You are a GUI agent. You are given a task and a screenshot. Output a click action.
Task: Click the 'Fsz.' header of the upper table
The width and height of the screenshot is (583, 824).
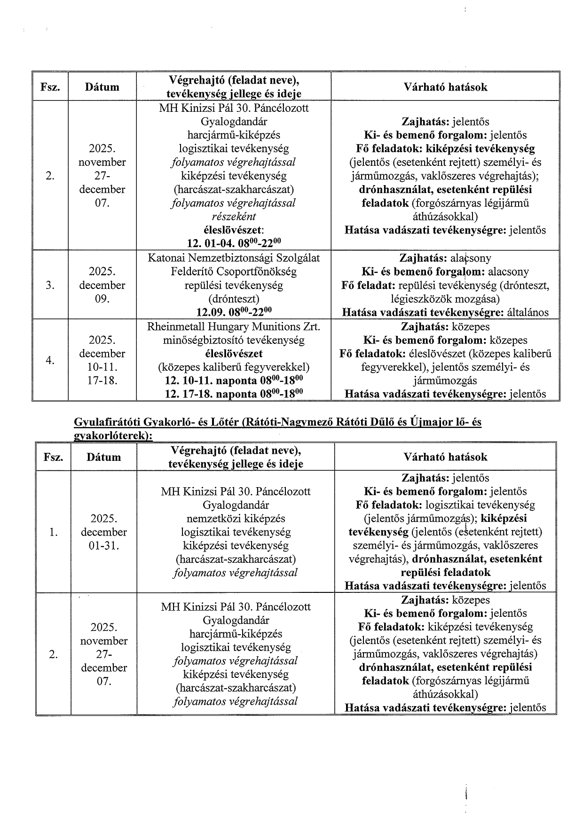point(50,87)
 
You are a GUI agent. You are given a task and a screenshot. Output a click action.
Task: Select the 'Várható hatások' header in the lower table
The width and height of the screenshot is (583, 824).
point(445,457)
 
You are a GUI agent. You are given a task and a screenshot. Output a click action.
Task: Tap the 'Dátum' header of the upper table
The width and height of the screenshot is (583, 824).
point(102,87)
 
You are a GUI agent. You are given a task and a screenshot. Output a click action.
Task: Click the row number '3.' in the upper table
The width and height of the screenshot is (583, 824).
point(50,285)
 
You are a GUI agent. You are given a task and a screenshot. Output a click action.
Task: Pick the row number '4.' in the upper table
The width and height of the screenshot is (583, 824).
point(50,360)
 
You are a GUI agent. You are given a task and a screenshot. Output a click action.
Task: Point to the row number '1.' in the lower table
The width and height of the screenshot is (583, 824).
point(53,532)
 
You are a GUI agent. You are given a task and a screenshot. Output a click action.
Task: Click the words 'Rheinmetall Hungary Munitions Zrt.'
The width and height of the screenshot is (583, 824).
point(234,326)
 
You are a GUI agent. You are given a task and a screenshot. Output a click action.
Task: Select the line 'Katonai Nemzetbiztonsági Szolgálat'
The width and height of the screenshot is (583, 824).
point(234,258)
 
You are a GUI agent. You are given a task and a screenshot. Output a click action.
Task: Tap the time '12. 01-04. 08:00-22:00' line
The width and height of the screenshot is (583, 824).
point(234,243)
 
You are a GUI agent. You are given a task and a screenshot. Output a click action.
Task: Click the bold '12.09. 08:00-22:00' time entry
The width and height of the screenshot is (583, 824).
point(234,312)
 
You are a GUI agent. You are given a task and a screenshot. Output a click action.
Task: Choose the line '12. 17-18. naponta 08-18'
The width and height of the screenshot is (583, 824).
point(234,394)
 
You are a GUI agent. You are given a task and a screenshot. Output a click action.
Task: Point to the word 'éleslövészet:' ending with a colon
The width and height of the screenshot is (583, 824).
point(234,230)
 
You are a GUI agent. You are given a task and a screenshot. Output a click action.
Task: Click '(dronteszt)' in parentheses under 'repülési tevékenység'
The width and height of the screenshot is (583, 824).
point(234,299)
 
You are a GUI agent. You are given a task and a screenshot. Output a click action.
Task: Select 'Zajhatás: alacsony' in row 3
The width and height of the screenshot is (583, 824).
point(445,258)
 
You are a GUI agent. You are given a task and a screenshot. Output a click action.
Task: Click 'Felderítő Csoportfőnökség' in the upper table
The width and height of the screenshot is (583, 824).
point(234,272)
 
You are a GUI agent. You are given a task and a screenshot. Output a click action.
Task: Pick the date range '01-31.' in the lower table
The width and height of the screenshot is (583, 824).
point(104,545)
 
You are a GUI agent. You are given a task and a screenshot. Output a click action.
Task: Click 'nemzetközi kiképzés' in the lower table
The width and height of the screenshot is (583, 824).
point(236,519)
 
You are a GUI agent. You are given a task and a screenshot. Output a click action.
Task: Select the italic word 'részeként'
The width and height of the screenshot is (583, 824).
point(234,217)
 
